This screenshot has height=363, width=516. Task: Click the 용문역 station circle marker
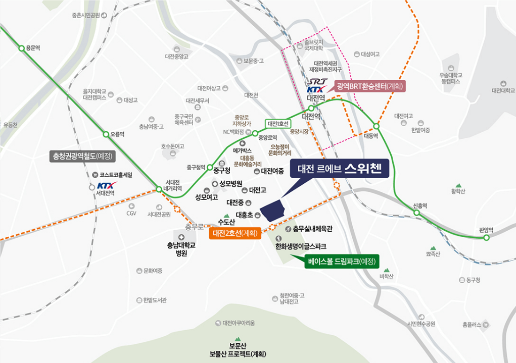point(21,48)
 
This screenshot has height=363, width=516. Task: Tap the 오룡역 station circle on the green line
point(106,134)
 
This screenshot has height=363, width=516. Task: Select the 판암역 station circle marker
point(486,237)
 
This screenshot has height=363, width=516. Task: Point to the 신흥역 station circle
point(417,213)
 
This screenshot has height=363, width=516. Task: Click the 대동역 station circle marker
point(376,126)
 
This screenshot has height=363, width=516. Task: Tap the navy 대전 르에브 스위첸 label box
point(339,169)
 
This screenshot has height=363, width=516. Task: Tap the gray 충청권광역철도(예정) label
point(83,155)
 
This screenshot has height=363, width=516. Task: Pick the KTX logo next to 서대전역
point(107,185)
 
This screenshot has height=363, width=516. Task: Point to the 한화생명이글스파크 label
point(300,246)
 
